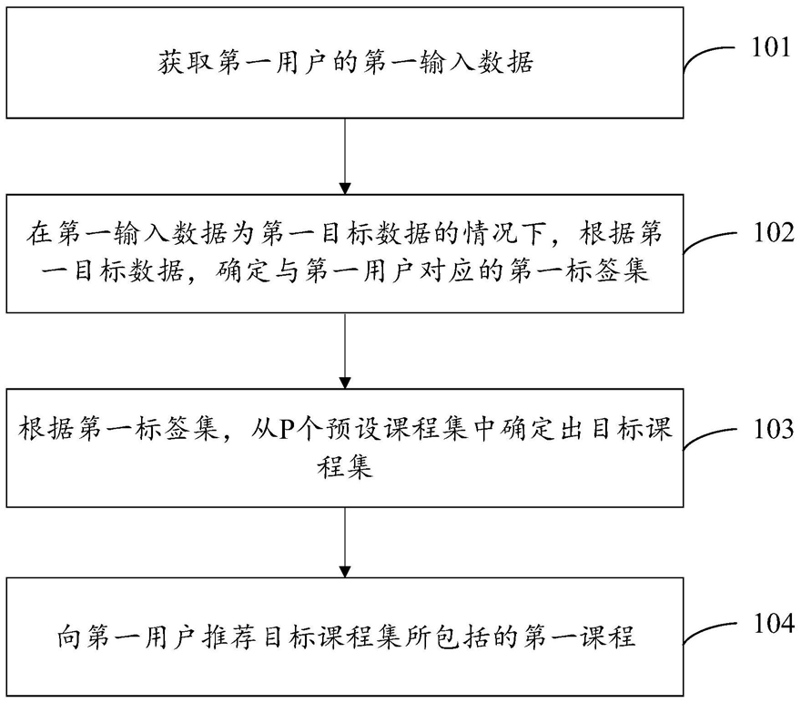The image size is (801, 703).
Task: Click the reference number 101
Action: [770, 47]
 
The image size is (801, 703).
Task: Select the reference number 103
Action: [770, 428]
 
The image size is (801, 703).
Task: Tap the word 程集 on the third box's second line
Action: [347, 470]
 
